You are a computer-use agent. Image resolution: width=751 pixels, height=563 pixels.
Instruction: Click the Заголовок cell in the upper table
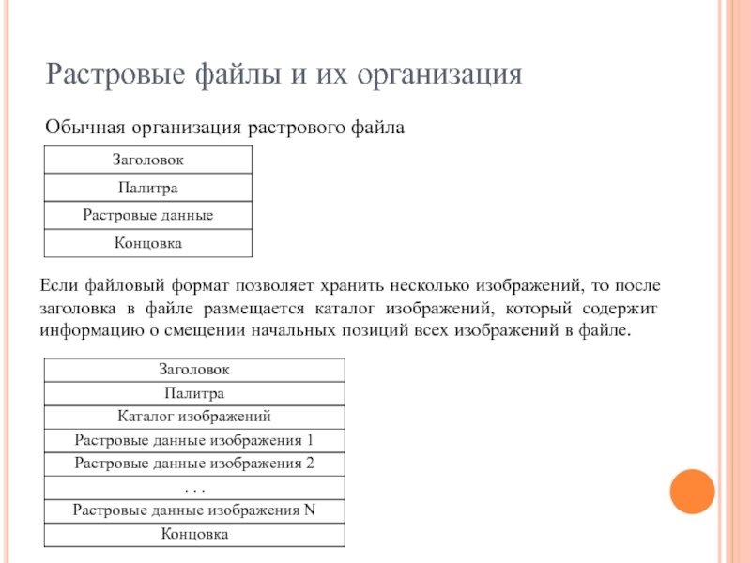(x=147, y=160)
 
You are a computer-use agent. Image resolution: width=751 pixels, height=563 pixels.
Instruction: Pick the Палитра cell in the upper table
(x=147, y=189)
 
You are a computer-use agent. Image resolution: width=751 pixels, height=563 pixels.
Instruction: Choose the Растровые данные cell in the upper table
(x=147, y=216)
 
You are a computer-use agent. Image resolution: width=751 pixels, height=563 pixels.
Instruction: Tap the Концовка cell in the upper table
(x=147, y=243)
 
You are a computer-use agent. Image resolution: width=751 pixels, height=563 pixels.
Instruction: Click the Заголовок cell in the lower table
(x=194, y=370)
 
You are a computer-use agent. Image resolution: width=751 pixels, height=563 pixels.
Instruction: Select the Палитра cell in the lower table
(x=194, y=393)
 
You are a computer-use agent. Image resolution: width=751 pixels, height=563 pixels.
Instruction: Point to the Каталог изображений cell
(x=194, y=416)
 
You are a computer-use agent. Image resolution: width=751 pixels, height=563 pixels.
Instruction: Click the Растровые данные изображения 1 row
(x=194, y=439)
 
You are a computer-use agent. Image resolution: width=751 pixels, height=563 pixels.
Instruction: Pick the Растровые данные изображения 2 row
(x=194, y=463)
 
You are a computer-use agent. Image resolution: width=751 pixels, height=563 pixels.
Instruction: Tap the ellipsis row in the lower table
(x=194, y=487)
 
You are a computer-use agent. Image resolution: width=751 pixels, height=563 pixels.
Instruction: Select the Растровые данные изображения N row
(x=194, y=510)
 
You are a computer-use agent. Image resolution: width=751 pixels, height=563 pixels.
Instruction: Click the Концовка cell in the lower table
(x=194, y=535)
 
